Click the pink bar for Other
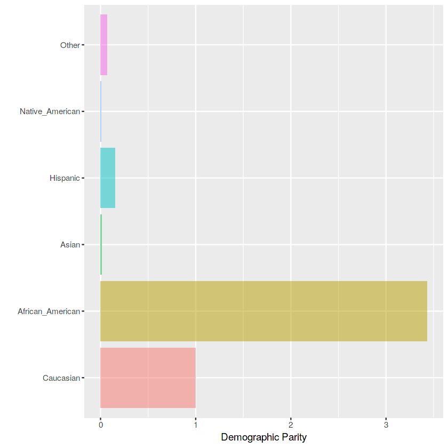(x=103, y=45)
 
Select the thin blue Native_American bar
(x=101, y=111)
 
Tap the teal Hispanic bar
(x=108, y=178)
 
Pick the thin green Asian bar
(x=101, y=245)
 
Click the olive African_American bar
(x=263, y=311)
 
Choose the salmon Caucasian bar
(x=148, y=378)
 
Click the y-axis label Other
(x=70, y=45)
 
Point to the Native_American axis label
(x=50, y=111)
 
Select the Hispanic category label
(x=65, y=178)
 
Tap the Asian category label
(x=70, y=245)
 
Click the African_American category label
(x=49, y=311)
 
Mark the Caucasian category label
(x=61, y=378)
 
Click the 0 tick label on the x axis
(x=101, y=425)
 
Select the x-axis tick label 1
(x=196, y=425)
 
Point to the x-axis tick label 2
(x=291, y=425)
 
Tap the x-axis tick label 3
(x=386, y=425)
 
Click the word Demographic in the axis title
(x=250, y=437)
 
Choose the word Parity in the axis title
(x=294, y=437)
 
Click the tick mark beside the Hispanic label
(x=83, y=178)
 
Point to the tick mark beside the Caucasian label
(x=83, y=378)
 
